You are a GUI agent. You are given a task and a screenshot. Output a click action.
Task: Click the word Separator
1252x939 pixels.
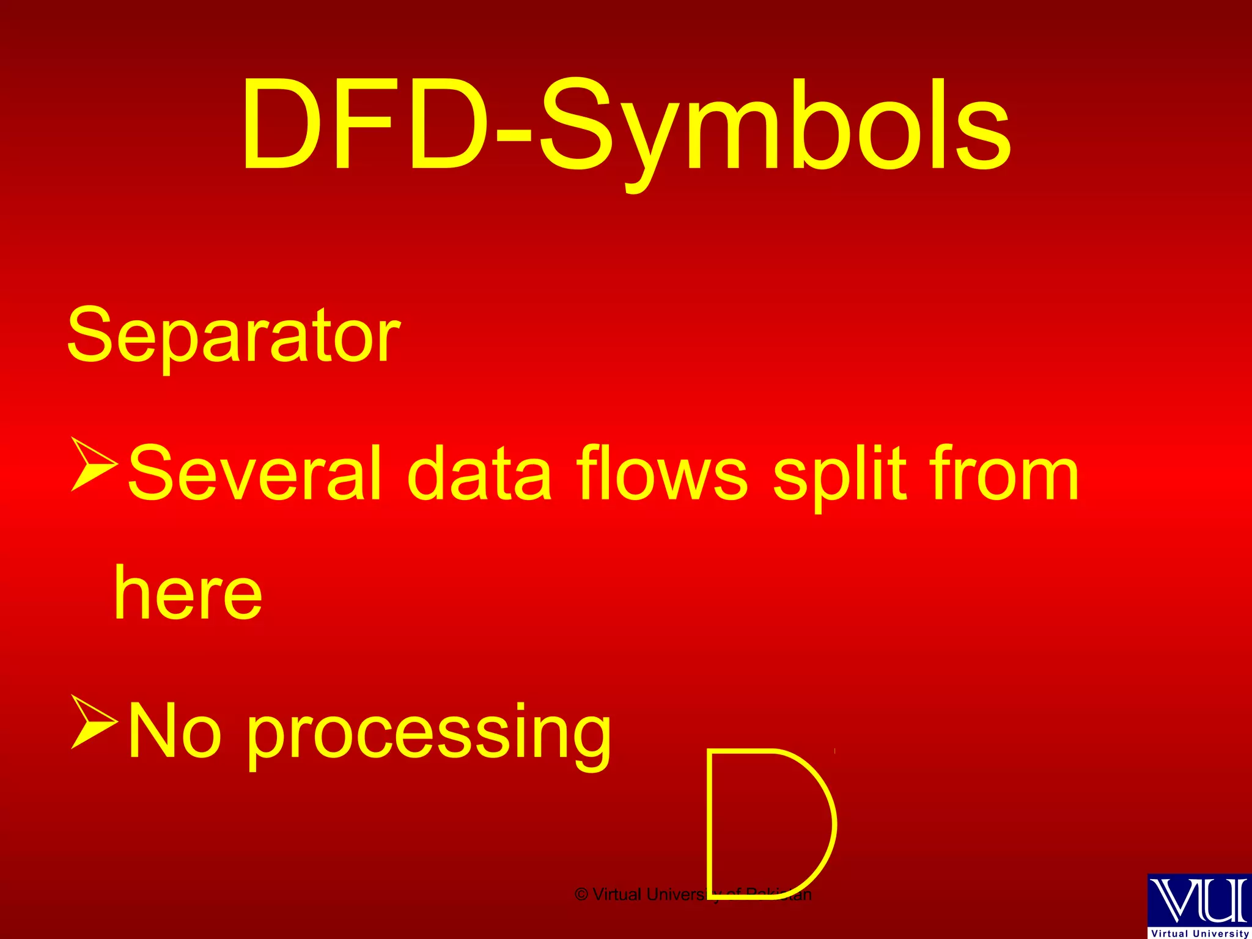click(234, 336)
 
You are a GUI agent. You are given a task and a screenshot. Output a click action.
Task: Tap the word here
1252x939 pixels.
click(188, 593)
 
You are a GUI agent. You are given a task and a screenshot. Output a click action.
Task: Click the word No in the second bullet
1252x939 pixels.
click(174, 731)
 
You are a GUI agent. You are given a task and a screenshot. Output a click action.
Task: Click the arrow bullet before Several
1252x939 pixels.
click(93, 464)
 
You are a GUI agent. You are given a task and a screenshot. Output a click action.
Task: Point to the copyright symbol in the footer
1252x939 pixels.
click(581, 895)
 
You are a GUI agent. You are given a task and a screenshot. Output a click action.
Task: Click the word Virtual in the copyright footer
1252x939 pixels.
click(617, 895)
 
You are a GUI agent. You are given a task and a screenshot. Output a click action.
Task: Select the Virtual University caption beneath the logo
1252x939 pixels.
click(1200, 933)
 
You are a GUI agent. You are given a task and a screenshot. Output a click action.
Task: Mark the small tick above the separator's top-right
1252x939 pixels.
click(834, 751)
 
